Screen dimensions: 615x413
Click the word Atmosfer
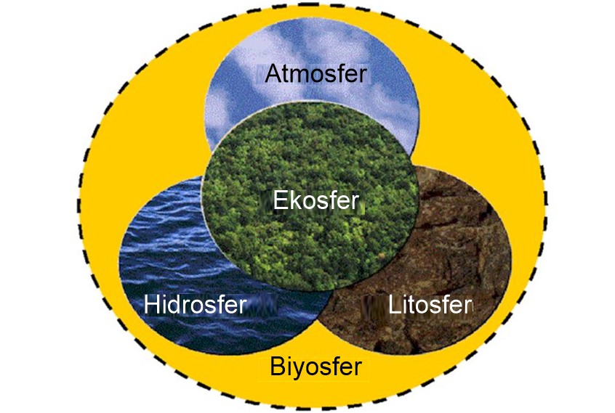point(315,73)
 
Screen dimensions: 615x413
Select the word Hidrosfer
point(196,304)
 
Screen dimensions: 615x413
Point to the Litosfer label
point(430,304)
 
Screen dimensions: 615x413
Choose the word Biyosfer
point(315,367)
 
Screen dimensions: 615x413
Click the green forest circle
point(313,156)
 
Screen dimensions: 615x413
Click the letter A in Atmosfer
point(273,73)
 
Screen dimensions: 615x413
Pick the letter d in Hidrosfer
point(177,304)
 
